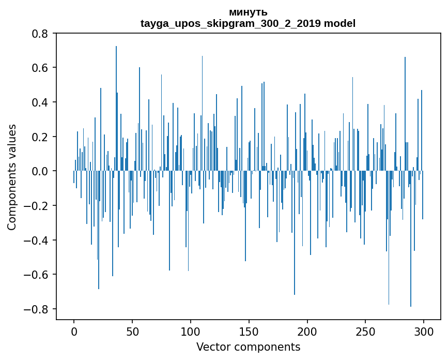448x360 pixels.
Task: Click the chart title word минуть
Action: [x=248, y=12]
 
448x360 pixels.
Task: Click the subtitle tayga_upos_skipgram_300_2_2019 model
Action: [x=248, y=23]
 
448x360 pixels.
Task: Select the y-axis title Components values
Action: [x=12, y=177]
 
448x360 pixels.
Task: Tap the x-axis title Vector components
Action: [x=248, y=347]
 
